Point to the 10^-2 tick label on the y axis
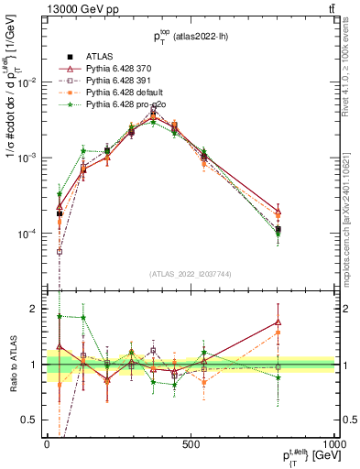point(28,82)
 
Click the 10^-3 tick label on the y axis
point(28,158)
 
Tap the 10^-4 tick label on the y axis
point(28,234)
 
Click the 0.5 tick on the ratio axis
point(33,420)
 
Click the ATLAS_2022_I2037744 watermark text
point(191,274)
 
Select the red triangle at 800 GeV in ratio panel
point(278,322)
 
